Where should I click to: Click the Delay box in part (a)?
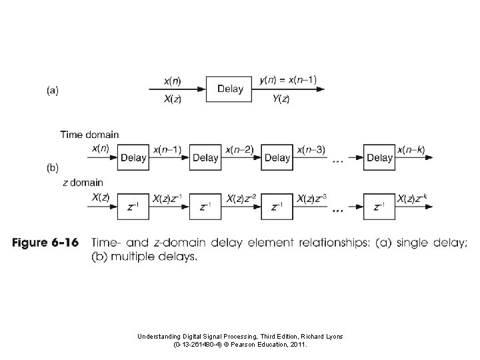230,89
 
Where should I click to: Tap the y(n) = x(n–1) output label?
288,81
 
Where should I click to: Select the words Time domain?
90,135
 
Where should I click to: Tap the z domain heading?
83,182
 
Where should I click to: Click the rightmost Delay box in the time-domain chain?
379,158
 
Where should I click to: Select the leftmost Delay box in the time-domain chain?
133,158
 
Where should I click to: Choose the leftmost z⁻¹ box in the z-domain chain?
133,207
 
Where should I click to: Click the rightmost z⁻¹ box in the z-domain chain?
379,207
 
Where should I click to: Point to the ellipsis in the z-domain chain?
337,209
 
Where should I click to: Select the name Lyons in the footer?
331,337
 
